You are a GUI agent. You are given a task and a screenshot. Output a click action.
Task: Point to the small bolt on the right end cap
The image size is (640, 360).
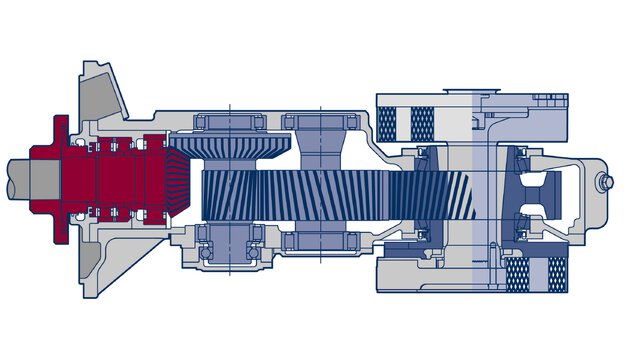tap(607, 183)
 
